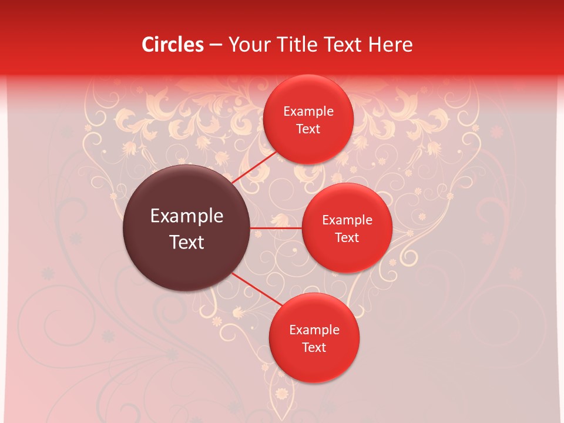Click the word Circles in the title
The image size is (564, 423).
(x=172, y=45)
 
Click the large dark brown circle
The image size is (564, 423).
(x=186, y=264)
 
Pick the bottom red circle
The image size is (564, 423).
(x=314, y=364)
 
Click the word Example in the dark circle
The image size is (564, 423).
(x=187, y=216)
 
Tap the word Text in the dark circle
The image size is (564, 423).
(x=187, y=242)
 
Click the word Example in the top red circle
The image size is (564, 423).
(x=308, y=112)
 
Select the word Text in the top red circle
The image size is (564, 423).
(x=308, y=129)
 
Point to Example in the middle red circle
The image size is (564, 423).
(x=347, y=220)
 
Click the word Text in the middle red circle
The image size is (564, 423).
(x=347, y=237)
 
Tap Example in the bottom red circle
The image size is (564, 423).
(x=314, y=330)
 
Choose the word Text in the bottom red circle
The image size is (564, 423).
(x=314, y=347)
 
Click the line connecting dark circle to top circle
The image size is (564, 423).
(x=254, y=166)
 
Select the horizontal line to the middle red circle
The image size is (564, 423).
(x=276, y=228)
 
